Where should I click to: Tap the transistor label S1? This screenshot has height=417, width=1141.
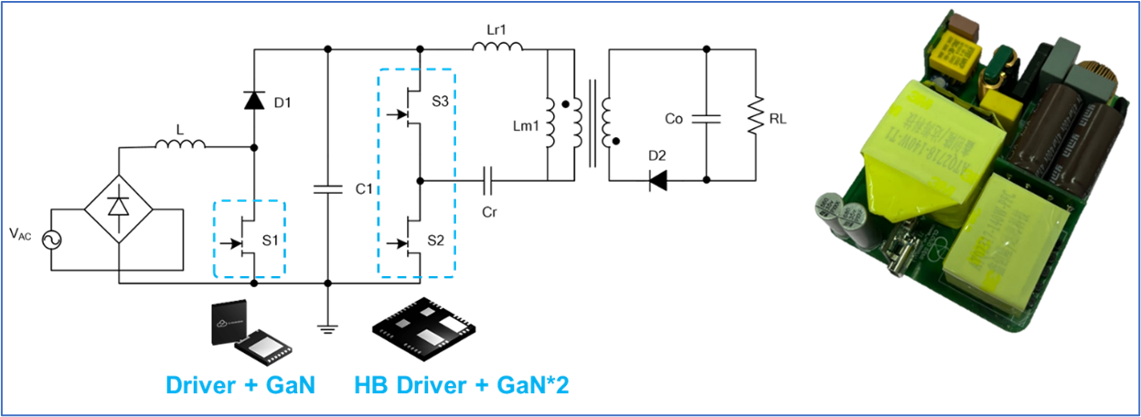pos(270,241)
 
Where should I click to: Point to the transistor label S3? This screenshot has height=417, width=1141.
pos(441,102)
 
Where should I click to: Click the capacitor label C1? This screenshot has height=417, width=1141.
pos(363,189)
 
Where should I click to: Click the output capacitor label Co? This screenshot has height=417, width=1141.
pos(676,119)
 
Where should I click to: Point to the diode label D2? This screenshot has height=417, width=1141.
pos(656,153)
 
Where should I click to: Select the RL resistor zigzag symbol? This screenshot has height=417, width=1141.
pos(755,118)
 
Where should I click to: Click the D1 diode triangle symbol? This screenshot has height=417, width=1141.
pos(254,100)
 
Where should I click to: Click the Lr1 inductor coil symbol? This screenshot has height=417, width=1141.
pos(497,48)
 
